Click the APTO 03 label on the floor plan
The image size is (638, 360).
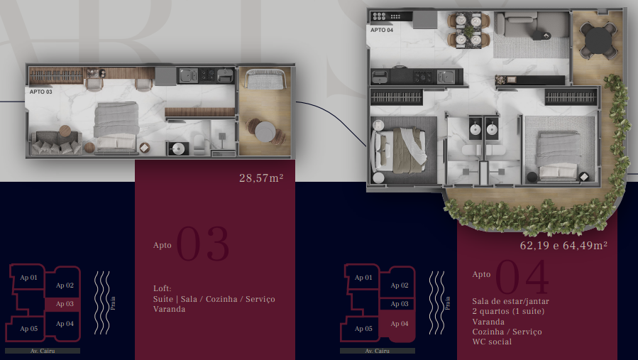pyautogui.click(x=40, y=92)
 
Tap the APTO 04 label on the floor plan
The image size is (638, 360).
pyautogui.click(x=382, y=30)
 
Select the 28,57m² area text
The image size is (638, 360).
pyautogui.click(x=261, y=178)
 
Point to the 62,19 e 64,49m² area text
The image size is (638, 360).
pyautogui.click(x=563, y=245)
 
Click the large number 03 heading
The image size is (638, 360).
pyautogui.click(x=203, y=244)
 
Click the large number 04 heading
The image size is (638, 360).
pyautogui.click(x=522, y=278)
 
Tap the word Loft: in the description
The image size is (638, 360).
pyautogui.click(x=163, y=288)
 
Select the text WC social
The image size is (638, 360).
pyautogui.click(x=492, y=342)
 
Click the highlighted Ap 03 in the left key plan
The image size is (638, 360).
pyautogui.click(x=65, y=304)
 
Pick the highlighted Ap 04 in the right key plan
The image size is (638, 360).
pyautogui.click(x=400, y=324)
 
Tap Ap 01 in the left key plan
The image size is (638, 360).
pyautogui.click(x=28, y=278)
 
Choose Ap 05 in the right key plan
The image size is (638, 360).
pyautogui.click(x=363, y=329)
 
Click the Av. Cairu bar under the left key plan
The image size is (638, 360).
pyautogui.click(x=43, y=351)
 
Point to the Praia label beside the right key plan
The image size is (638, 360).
pyautogui.click(x=448, y=303)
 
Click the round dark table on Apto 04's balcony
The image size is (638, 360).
pyautogui.click(x=598, y=40)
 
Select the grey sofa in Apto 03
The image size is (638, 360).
pyautogui.click(x=56, y=142)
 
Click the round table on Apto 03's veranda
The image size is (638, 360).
pyautogui.click(x=265, y=131)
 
